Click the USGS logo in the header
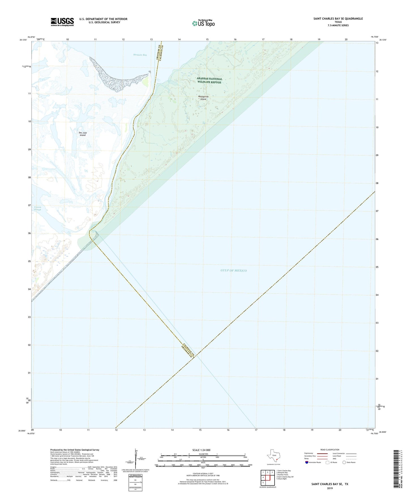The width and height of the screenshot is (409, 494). (62, 22)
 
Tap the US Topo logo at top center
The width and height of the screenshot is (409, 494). (203, 23)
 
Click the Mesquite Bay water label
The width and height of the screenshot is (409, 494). (140, 55)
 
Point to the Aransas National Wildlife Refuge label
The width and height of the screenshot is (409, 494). (209, 81)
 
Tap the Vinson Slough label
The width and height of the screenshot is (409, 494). (38, 208)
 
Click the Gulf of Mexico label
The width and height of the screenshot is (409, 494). (234, 270)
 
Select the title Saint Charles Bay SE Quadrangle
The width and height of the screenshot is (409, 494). (338, 19)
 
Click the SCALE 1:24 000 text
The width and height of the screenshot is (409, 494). (201, 450)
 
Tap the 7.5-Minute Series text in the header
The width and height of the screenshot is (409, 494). (338, 25)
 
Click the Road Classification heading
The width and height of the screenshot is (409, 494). (330, 450)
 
